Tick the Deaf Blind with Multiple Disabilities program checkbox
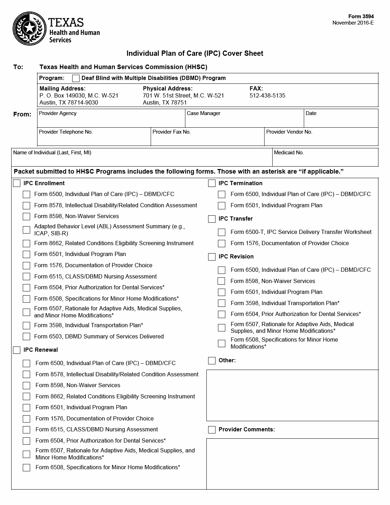76,78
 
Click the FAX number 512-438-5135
267,95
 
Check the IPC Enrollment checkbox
17,183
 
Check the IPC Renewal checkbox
17,350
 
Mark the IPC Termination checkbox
212,183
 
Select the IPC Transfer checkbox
212,219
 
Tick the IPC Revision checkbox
212,257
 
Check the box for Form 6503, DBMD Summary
27,337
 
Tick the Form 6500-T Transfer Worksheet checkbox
221,232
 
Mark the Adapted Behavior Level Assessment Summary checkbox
27,230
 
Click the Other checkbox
212,361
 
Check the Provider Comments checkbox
212,430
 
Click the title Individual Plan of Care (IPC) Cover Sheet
195,53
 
